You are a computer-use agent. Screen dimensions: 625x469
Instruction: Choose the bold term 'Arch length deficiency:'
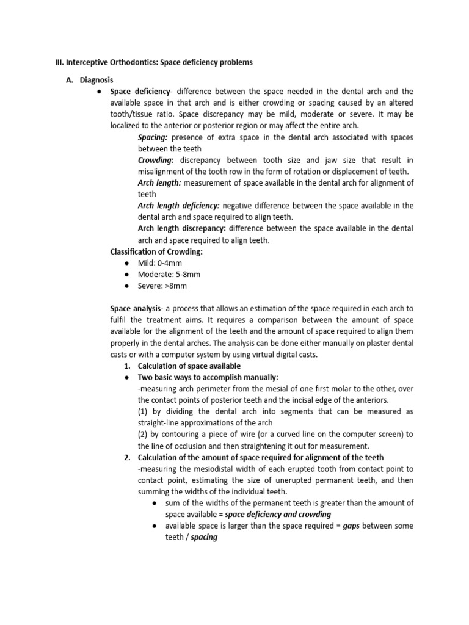pyautogui.click(x=178, y=206)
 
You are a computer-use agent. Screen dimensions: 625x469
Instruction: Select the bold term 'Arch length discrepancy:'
pyautogui.click(x=181, y=228)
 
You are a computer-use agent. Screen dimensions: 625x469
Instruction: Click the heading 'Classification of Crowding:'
pyautogui.click(x=156, y=251)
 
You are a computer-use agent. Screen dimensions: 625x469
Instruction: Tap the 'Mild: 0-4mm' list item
pyautogui.click(x=159, y=263)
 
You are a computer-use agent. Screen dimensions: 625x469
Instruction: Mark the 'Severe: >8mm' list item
pyautogui.click(x=162, y=286)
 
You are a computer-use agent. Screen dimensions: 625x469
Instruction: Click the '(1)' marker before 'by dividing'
pyautogui.click(x=144, y=411)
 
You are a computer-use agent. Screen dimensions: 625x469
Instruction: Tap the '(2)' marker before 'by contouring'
pyautogui.click(x=144, y=435)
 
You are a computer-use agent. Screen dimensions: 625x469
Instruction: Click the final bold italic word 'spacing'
pyautogui.click(x=204, y=538)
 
